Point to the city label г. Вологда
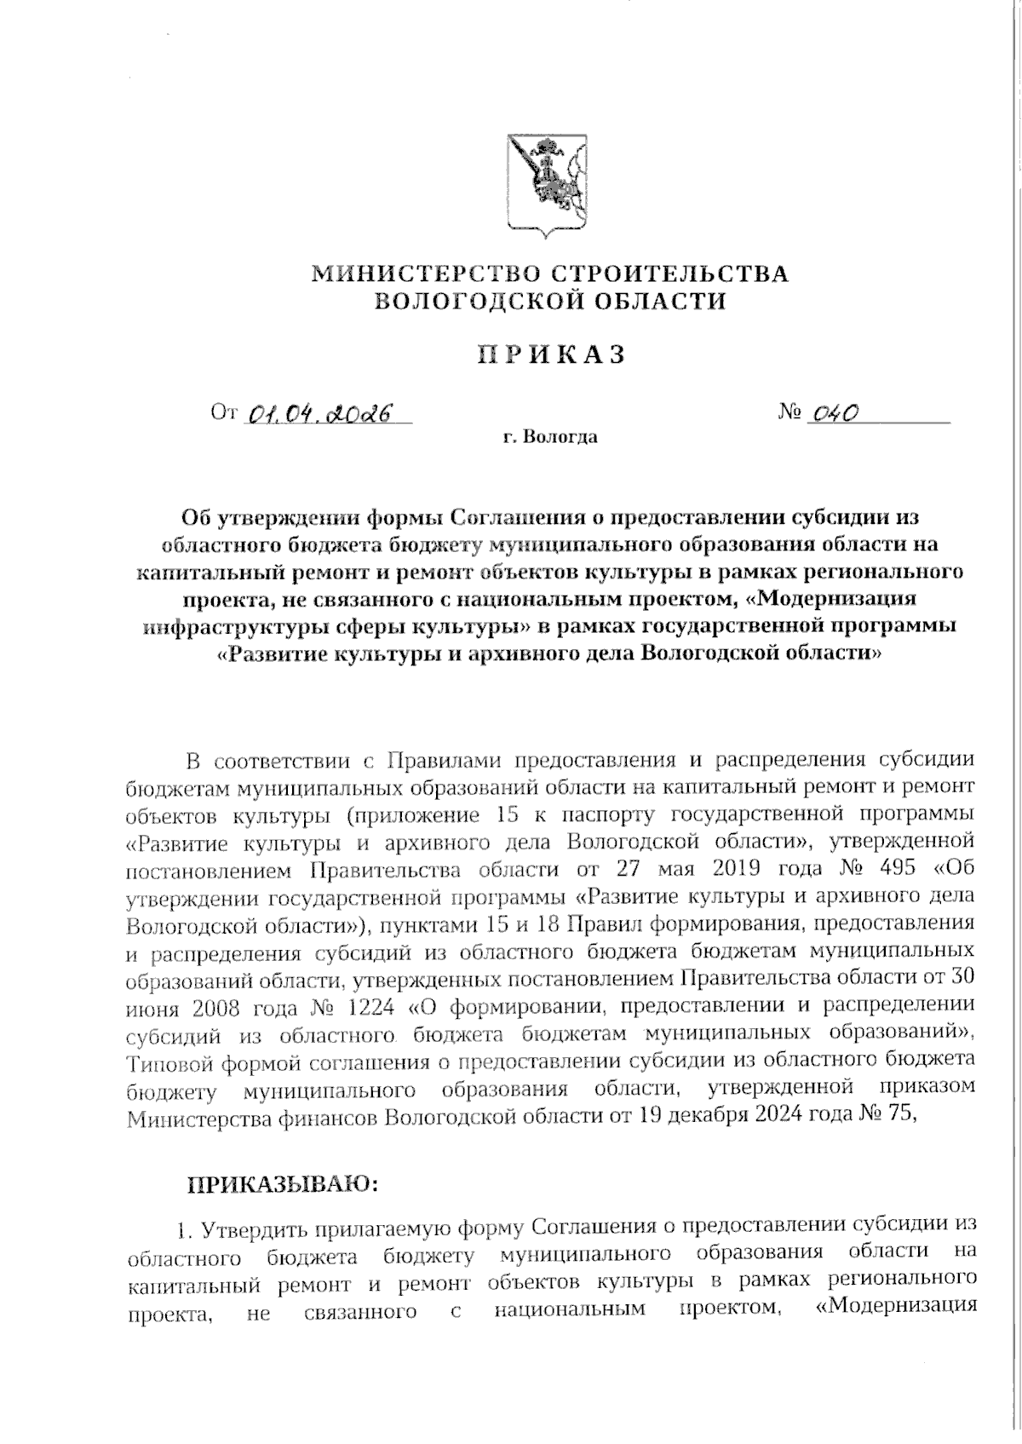[x=549, y=439]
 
